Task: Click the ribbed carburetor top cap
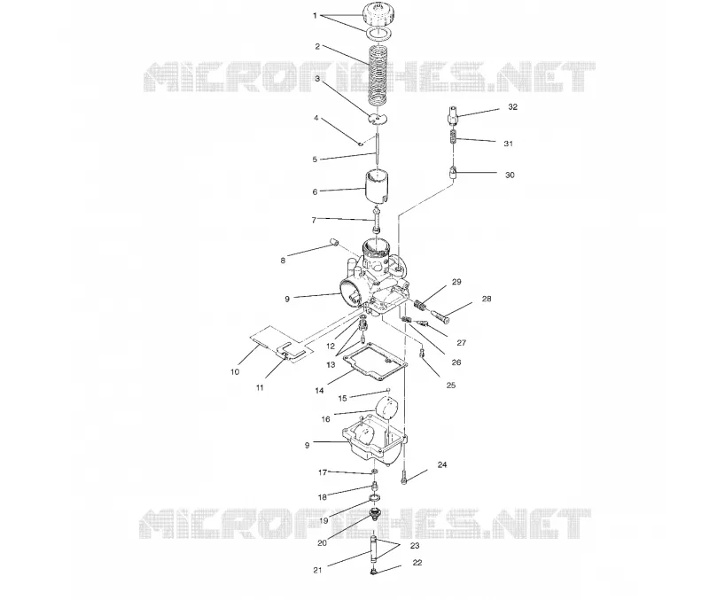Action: (x=378, y=14)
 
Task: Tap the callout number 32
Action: (x=512, y=107)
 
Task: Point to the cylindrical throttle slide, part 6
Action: (x=378, y=185)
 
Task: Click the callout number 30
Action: (x=510, y=175)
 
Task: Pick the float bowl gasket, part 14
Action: (x=375, y=362)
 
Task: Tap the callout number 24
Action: (x=441, y=464)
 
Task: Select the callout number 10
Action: (x=235, y=372)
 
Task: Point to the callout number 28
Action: (x=486, y=299)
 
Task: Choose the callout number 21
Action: (x=317, y=570)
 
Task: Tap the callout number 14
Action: (x=319, y=391)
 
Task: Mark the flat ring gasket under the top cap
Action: (x=378, y=33)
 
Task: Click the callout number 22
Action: (x=417, y=563)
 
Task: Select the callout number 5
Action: (x=315, y=160)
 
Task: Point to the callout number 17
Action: (x=323, y=472)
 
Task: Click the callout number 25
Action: (x=451, y=386)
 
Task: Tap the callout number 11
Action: (x=260, y=387)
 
